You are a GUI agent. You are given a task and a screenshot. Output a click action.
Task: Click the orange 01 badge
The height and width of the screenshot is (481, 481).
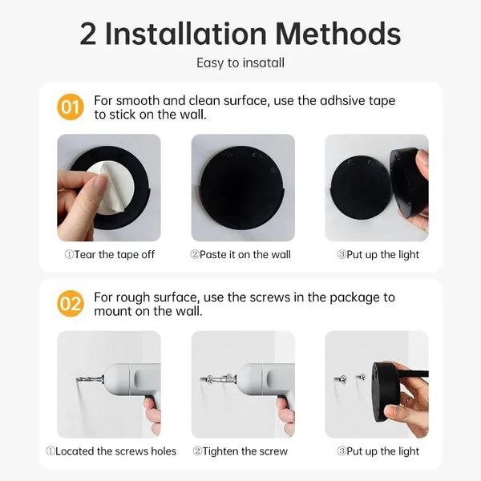tap(71, 107)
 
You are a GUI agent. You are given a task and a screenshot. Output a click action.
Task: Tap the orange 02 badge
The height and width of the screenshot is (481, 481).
tap(71, 304)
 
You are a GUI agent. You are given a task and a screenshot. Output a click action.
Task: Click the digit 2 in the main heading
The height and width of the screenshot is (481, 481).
tap(90, 34)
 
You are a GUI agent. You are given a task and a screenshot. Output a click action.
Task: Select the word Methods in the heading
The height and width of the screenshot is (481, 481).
tap(338, 34)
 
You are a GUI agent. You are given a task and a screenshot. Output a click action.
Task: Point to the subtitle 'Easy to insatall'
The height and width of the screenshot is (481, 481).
tap(240, 63)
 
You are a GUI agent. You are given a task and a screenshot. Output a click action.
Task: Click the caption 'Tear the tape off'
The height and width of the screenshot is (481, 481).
tap(109, 255)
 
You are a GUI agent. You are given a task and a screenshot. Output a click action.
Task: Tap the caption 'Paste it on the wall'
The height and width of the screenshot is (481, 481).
tap(240, 255)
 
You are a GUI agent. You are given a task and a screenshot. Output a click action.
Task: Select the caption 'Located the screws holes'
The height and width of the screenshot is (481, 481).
tap(111, 451)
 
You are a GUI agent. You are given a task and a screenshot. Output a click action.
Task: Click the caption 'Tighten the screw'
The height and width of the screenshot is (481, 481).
tap(240, 451)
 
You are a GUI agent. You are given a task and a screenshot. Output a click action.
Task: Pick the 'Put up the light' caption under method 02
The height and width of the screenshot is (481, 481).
tap(378, 451)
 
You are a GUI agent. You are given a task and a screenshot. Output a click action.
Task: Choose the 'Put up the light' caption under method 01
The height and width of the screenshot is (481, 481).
tap(378, 255)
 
